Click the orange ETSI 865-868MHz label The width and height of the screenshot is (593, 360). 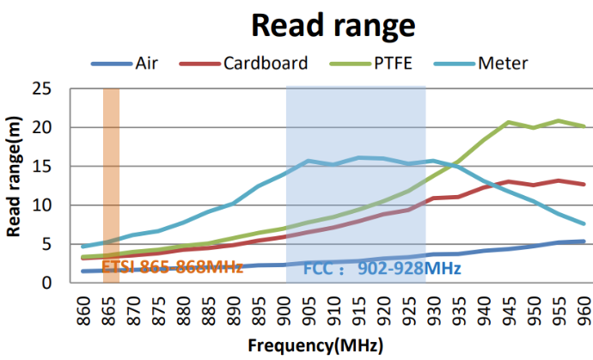(x=172, y=267)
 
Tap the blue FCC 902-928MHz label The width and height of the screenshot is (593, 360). (x=382, y=268)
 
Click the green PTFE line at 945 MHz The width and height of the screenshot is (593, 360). (x=510, y=122)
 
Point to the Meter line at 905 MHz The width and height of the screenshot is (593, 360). (x=309, y=161)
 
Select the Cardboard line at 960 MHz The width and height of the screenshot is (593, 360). (x=584, y=185)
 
